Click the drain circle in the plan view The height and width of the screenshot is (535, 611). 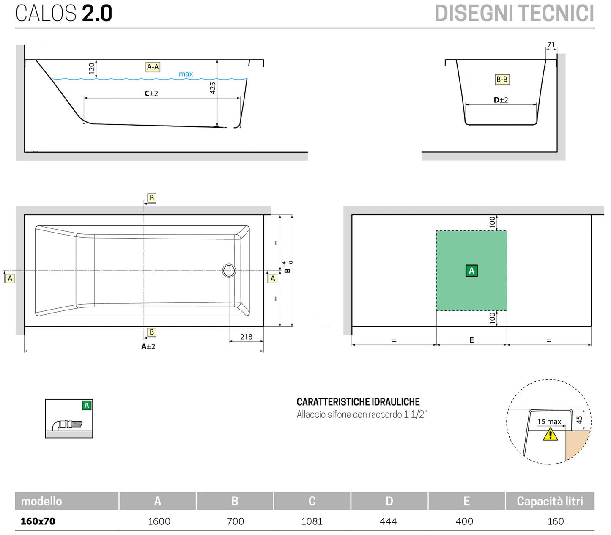(229, 270)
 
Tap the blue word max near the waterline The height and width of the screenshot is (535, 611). (186, 74)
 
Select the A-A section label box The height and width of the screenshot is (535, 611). (153, 67)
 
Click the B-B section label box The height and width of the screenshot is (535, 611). (502, 79)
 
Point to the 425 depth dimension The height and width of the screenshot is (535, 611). (213, 88)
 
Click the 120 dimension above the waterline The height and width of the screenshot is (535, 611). (92, 69)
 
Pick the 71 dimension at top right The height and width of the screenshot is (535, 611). (551, 45)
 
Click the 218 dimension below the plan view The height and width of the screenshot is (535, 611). (246, 337)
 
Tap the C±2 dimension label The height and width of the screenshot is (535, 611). (151, 93)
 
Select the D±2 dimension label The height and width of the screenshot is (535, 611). (501, 100)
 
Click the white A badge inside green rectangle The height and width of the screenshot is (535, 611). (471, 271)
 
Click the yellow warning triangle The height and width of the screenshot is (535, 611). (550, 434)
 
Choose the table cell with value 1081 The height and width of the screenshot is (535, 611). (312, 521)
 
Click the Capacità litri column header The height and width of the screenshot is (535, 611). (550, 501)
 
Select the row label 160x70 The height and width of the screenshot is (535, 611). (38, 521)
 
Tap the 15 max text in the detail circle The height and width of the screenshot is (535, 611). (549, 422)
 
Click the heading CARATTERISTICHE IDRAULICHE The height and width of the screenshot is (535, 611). (358, 402)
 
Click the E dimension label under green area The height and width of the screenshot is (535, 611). (471, 340)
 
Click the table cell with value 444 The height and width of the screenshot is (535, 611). (388, 521)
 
